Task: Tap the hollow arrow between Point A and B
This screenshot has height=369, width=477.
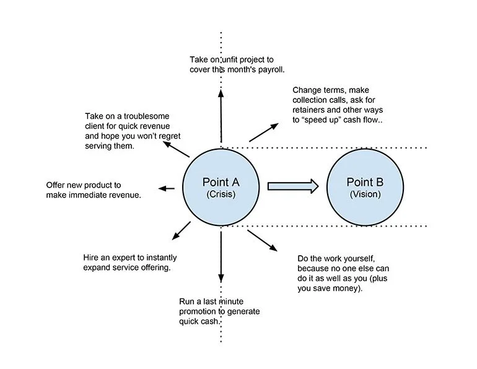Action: pos(292,185)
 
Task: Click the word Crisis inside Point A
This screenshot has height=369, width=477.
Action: pos(221,194)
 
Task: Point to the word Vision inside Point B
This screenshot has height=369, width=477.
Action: pos(364,194)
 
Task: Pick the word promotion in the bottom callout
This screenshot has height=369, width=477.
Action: pos(199,311)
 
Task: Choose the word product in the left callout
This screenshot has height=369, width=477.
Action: pos(104,184)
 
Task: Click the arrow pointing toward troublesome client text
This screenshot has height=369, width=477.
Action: pos(176,149)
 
